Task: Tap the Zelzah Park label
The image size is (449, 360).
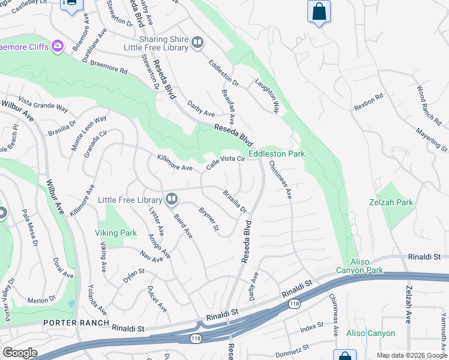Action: [x=391, y=202]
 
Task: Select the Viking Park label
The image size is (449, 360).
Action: [x=116, y=233]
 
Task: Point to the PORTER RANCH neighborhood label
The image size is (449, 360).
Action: [x=68, y=322]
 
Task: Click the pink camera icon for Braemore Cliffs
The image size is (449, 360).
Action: [x=58, y=46]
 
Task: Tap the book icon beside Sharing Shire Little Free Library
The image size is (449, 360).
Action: [x=197, y=43]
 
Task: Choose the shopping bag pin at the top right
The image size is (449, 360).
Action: [x=319, y=11]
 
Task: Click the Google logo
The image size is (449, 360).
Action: [x=20, y=353]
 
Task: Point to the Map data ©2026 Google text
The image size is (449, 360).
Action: [x=412, y=355]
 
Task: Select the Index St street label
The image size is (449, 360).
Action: [x=312, y=327]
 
